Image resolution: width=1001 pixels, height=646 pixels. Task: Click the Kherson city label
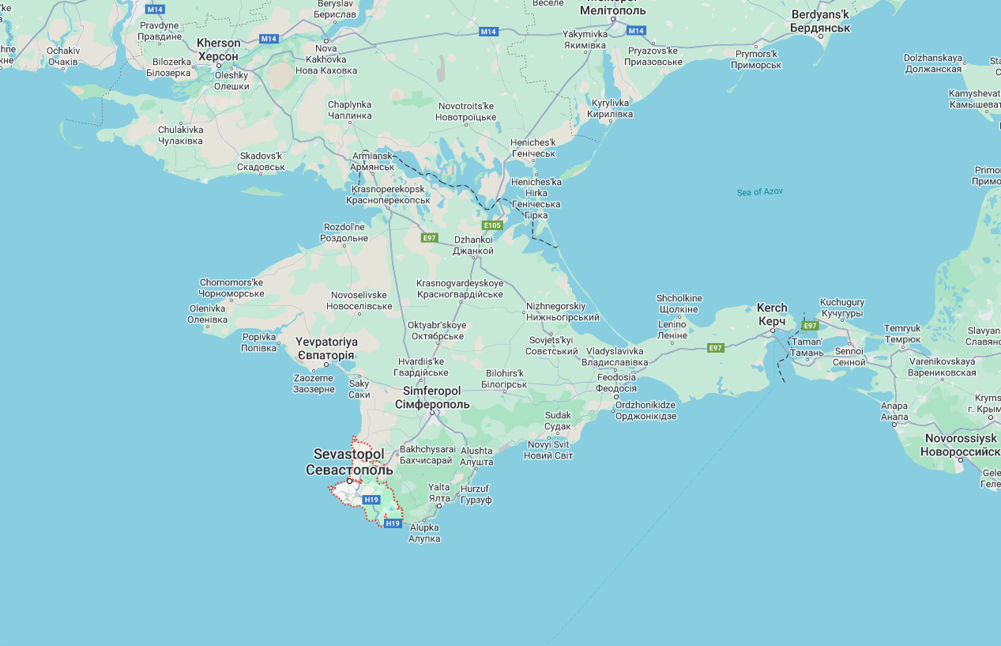(x=218, y=50)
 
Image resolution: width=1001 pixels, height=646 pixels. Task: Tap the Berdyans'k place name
(x=819, y=21)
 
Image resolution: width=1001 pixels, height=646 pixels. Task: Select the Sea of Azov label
(x=759, y=192)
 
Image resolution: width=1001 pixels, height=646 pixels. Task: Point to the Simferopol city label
(x=431, y=398)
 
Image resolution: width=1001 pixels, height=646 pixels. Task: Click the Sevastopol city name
(x=348, y=462)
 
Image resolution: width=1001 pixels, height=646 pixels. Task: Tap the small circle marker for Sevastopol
(x=349, y=481)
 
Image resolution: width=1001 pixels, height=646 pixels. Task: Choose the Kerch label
(x=772, y=315)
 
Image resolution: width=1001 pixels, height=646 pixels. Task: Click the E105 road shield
(x=492, y=225)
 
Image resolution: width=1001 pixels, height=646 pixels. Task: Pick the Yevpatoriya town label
(x=326, y=349)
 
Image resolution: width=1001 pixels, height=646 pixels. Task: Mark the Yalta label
(x=438, y=493)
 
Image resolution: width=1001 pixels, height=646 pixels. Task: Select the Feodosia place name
(x=616, y=383)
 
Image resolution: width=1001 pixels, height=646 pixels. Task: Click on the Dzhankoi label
(x=473, y=245)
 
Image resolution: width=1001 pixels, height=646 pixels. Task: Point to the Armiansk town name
(x=372, y=161)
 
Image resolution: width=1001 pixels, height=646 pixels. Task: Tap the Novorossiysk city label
(x=960, y=444)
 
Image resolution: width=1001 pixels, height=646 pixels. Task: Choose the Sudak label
(x=557, y=421)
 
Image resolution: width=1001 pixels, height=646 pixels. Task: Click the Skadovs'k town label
(x=262, y=161)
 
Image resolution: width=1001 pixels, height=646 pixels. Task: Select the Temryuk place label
(x=902, y=334)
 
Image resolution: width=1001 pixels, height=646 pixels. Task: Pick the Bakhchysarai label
(x=427, y=455)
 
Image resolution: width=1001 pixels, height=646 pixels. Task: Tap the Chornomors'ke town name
(x=231, y=288)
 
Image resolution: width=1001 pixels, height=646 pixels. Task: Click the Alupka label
(x=423, y=533)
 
